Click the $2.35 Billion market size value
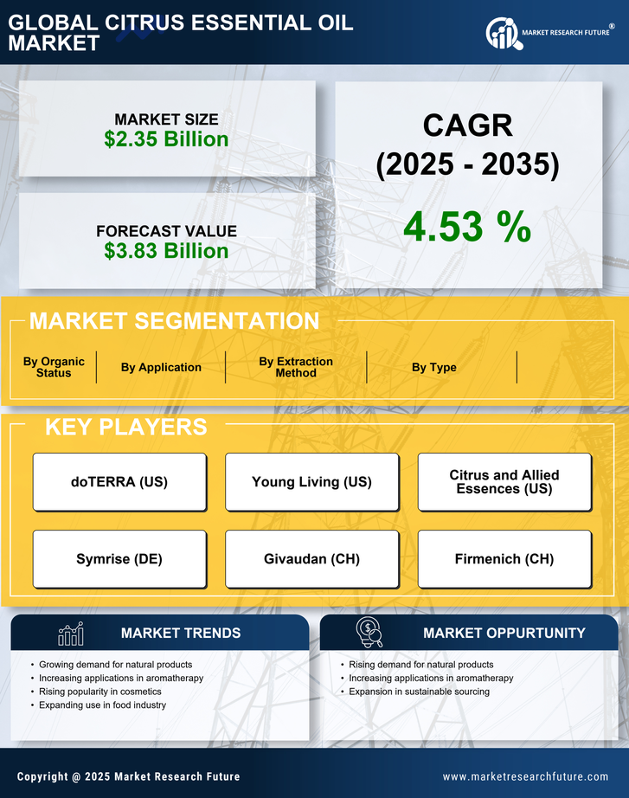click(166, 139)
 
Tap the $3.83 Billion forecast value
click(166, 251)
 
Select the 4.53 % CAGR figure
click(467, 227)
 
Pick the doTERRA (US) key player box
click(119, 482)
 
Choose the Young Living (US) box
click(311, 482)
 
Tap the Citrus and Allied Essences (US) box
click(504, 482)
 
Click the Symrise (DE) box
click(119, 559)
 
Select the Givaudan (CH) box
click(311, 559)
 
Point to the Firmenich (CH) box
click(504, 559)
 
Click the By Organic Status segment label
click(54, 367)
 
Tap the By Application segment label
click(161, 367)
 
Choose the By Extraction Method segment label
click(296, 367)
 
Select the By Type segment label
click(433, 367)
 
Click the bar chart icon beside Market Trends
click(70, 634)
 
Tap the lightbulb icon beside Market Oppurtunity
click(369, 633)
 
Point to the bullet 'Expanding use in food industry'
click(102, 705)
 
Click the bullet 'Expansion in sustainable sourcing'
click(419, 692)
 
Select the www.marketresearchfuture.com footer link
click(525, 776)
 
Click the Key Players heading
click(125, 427)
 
